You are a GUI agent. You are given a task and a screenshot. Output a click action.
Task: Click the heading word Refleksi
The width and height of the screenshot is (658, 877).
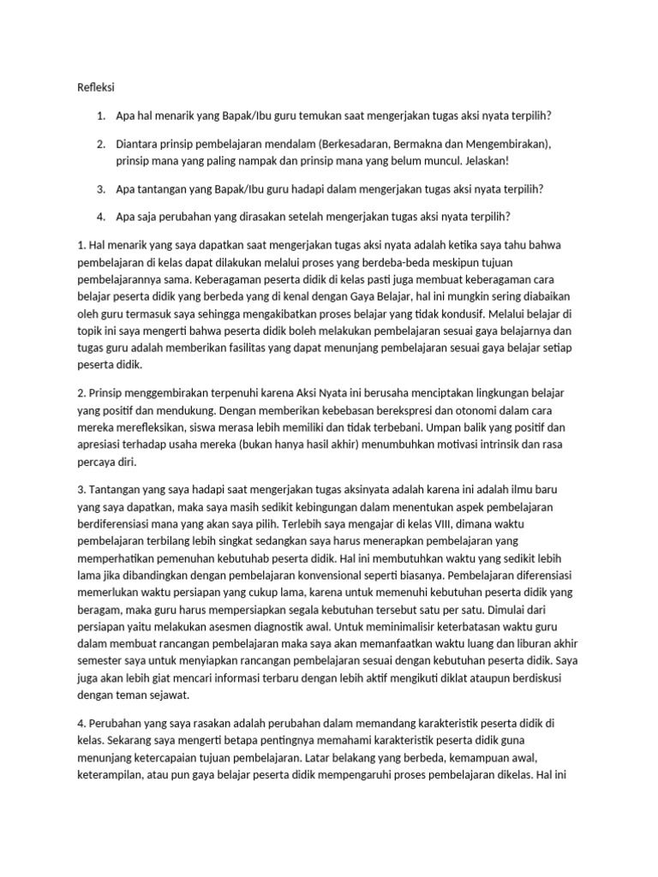tap(96, 87)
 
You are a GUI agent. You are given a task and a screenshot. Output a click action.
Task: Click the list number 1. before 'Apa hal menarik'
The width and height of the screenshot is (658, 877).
tap(101, 116)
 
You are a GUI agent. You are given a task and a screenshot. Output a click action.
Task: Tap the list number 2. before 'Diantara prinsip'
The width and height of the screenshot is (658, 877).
tap(101, 145)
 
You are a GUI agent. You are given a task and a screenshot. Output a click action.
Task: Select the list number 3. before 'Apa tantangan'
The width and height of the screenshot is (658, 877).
tap(101, 188)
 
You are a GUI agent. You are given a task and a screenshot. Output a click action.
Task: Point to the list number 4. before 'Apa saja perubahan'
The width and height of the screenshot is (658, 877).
tap(101, 217)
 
